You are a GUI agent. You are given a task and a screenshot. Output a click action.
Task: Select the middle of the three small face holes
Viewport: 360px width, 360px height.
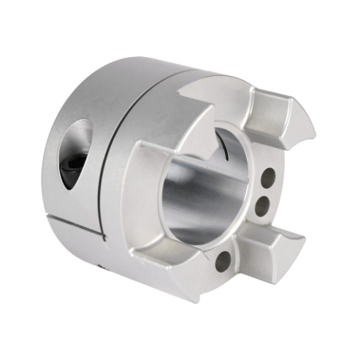pyautogui.click(x=261, y=206)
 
